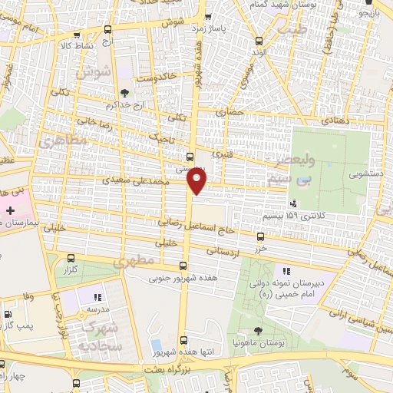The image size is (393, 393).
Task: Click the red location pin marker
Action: [197, 180]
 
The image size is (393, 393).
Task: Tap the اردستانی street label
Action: [224, 250]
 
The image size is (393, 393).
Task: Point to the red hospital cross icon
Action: [10, 210]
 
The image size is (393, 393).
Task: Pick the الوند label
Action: [257, 52]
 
